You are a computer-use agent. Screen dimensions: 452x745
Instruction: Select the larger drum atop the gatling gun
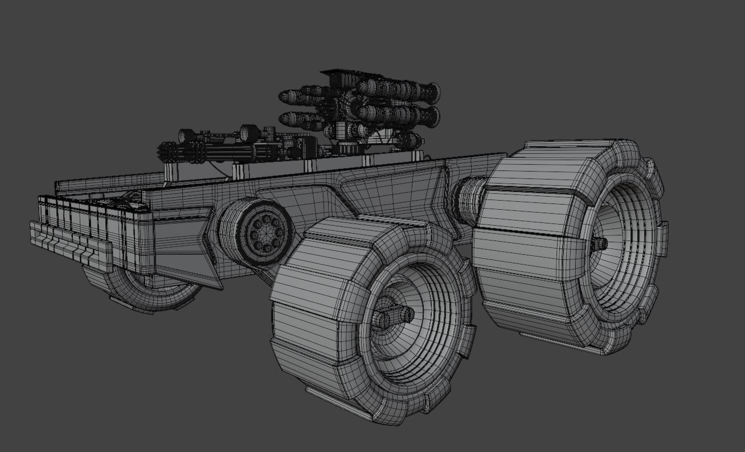[249, 133]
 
